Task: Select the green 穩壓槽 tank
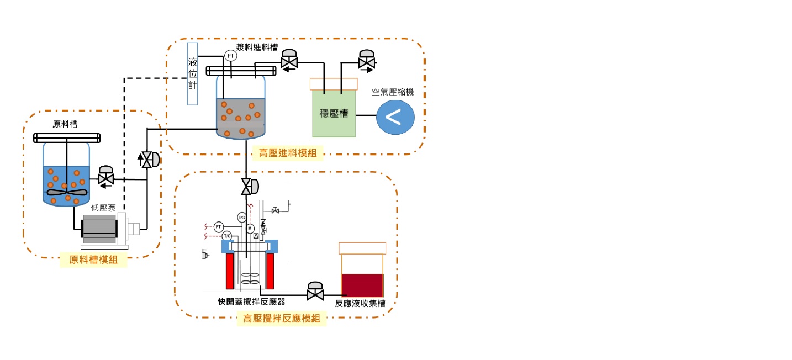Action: (334, 113)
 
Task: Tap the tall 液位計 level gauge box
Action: (192, 73)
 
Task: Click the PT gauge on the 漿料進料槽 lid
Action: (230, 56)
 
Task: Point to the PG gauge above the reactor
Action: (241, 217)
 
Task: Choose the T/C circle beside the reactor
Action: (226, 236)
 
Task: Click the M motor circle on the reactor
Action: (250, 228)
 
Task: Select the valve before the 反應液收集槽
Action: (315, 292)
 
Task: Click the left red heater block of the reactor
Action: (229, 271)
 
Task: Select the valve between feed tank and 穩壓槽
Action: (289, 61)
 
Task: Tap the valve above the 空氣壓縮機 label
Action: (366, 61)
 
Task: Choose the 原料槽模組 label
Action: (93, 260)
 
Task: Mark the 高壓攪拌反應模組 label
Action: (281, 318)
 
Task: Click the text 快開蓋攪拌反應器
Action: (251, 303)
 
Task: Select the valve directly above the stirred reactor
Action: (249, 187)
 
